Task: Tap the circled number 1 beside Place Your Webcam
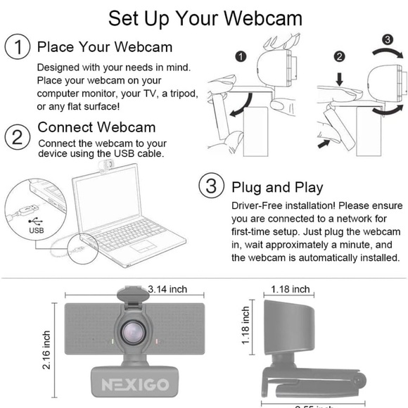click(x=17, y=48)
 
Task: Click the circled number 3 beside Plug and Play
click(x=210, y=187)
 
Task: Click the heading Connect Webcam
click(x=96, y=127)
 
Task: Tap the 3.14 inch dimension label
click(x=167, y=289)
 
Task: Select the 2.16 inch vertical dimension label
click(x=47, y=352)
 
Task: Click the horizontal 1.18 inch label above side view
click(x=291, y=289)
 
